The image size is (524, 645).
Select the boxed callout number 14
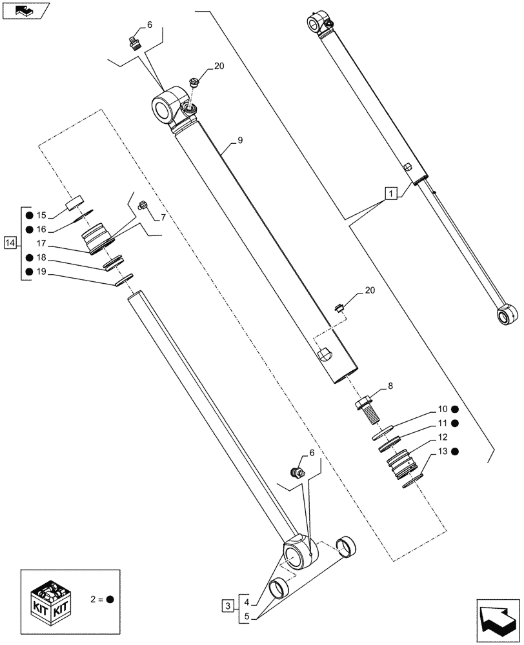click(x=9, y=243)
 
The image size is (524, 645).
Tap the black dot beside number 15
click(x=28, y=214)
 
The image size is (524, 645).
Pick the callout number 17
click(x=41, y=243)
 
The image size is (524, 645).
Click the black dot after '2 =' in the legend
click(x=110, y=599)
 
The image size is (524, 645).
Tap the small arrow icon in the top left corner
click(x=24, y=10)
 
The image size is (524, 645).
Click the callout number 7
click(x=163, y=217)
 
